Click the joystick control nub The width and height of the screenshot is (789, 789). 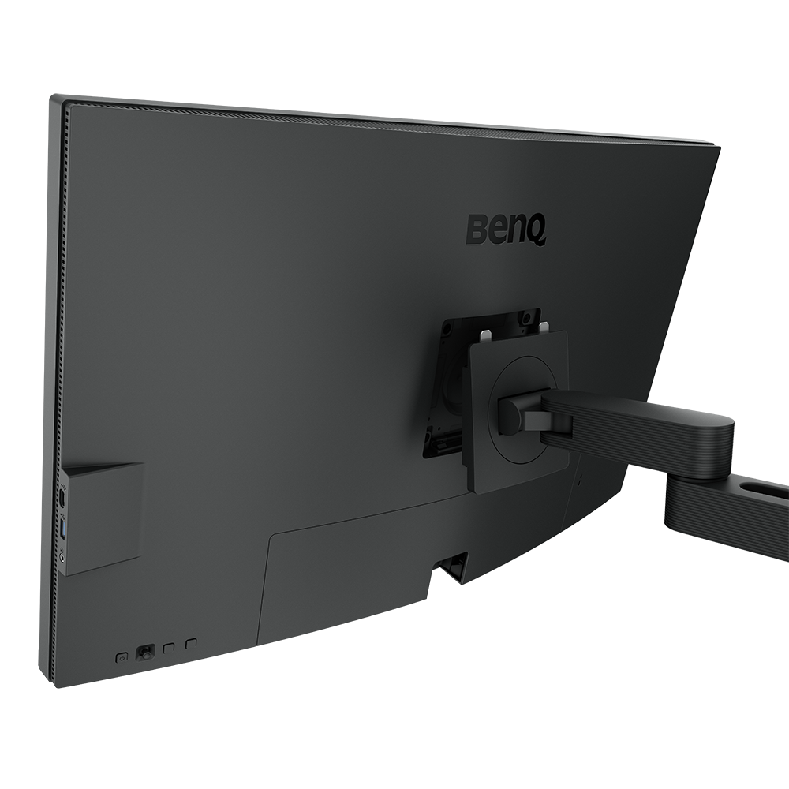(x=145, y=653)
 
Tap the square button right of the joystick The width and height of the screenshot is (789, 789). (x=167, y=649)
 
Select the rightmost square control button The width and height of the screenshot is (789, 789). (x=189, y=645)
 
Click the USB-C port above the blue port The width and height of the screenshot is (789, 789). (x=62, y=499)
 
